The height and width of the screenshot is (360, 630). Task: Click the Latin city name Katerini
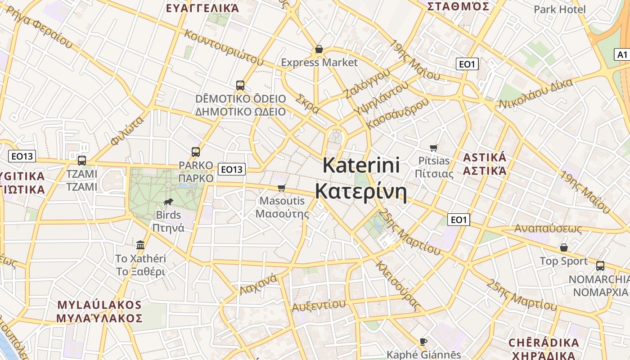click(x=361, y=165)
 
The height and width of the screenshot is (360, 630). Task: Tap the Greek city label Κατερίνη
click(x=361, y=191)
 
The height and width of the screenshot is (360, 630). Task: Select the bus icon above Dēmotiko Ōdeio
click(x=240, y=85)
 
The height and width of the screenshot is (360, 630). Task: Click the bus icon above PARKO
click(x=195, y=152)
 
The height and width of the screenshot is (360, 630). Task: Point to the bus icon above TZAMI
click(x=82, y=160)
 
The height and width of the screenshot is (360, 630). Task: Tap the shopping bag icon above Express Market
click(x=319, y=49)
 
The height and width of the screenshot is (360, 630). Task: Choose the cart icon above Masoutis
click(x=282, y=188)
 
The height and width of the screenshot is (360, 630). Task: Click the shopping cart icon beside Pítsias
click(x=434, y=148)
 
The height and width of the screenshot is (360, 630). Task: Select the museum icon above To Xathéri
click(x=140, y=245)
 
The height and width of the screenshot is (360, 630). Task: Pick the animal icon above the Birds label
click(x=168, y=202)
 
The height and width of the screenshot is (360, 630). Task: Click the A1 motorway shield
click(x=621, y=54)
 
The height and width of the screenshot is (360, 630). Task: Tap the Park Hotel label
click(x=559, y=9)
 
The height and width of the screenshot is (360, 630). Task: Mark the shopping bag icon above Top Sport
click(x=563, y=247)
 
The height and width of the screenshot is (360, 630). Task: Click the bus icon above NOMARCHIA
click(x=600, y=265)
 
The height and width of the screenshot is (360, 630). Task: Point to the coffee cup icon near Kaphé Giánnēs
click(x=423, y=342)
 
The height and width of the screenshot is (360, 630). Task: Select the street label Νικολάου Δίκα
click(x=535, y=94)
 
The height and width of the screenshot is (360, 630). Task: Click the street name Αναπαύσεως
click(x=548, y=229)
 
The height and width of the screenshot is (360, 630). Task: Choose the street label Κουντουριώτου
click(x=223, y=47)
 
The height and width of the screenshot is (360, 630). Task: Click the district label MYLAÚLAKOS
click(x=99, y=305)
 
